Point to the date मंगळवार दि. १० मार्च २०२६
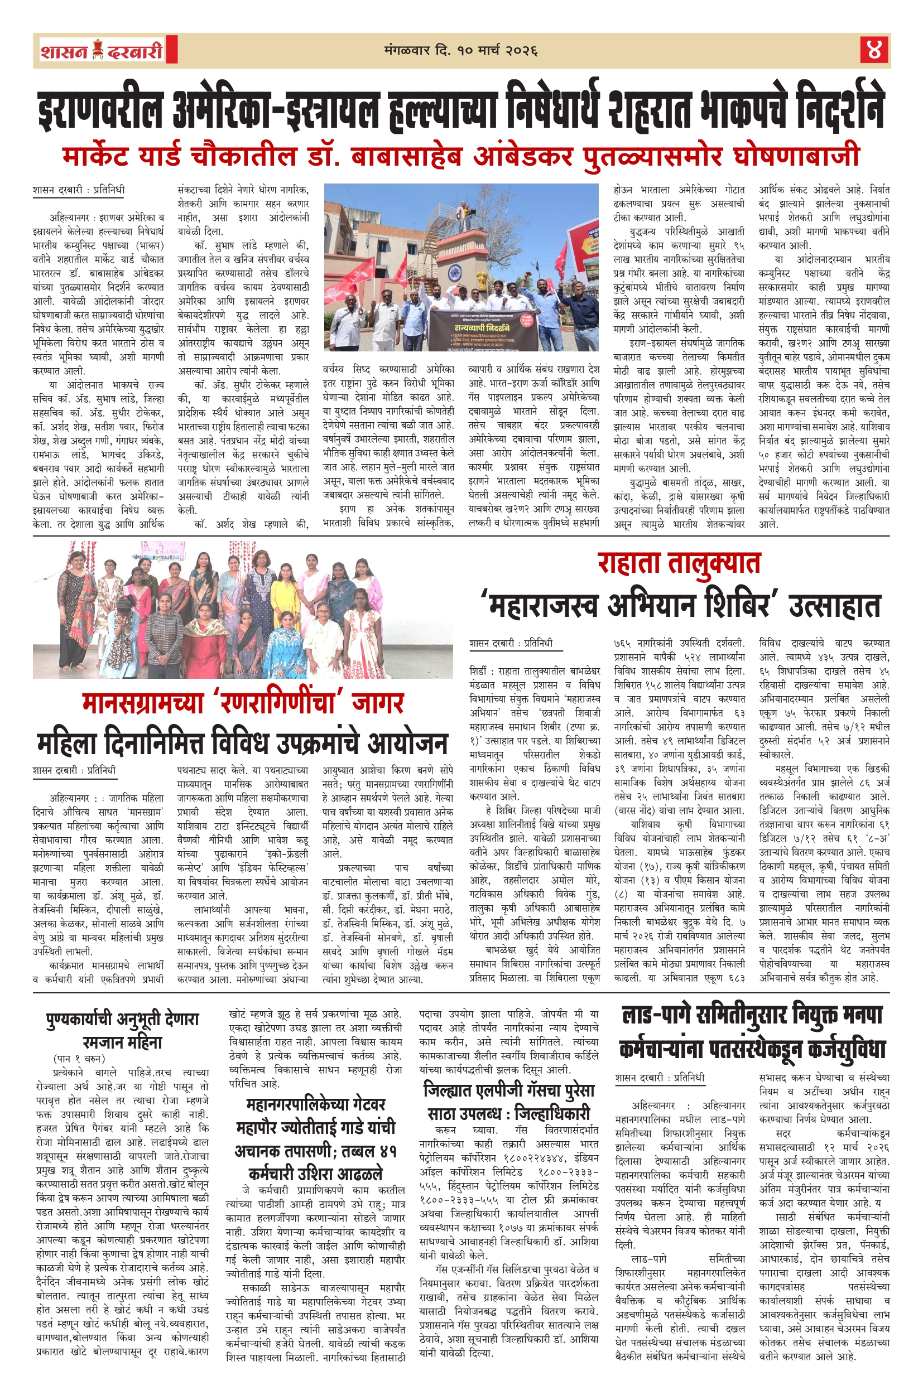coord(460,51)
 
